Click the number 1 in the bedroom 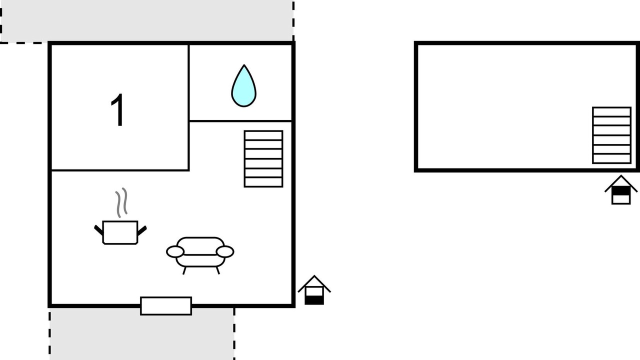(117, 109)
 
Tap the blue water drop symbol (243, 86)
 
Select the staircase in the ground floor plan (263, 159)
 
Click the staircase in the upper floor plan (611, 135)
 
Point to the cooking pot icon (120, 232)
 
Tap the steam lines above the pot (121, 202)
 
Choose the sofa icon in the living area (200, 255)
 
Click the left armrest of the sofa (175, 251)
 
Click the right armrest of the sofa (225, 251)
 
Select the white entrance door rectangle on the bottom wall (166, 306)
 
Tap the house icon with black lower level (314, 290)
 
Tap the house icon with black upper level (621, 189)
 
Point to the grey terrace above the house (147, 20)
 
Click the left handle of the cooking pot (98, 230)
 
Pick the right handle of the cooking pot (142, 230)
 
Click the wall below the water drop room (240, 121)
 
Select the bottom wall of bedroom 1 (120, 170)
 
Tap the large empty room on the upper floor (503, 107)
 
